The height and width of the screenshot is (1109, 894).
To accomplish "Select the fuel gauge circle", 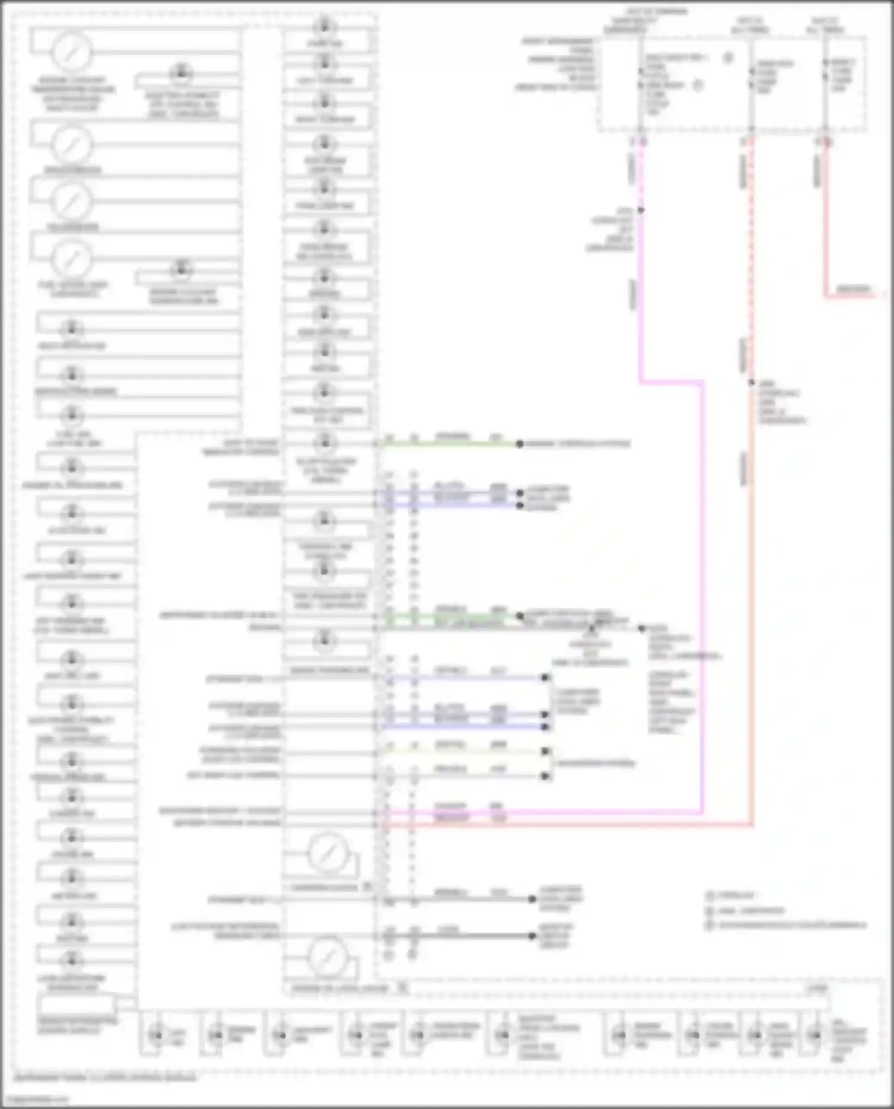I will click(72, 258).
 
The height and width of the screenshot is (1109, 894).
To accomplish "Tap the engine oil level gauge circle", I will click(327, 956).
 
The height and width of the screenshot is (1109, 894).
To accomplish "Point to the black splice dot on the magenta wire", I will click(641, 210).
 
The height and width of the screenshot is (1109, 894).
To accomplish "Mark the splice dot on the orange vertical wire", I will click(752, 383).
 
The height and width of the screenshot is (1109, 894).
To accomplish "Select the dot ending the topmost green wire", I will click(520, 444).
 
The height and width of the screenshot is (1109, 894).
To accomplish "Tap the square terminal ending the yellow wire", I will click(545, 752).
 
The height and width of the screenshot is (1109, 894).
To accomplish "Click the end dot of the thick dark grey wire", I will click(532, 936).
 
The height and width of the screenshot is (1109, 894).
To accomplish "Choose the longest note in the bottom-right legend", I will click(793, 925).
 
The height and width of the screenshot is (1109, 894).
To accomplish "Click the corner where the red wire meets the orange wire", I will click(752, 825).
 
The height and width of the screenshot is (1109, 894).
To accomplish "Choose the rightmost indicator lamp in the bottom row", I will click(815, 1036).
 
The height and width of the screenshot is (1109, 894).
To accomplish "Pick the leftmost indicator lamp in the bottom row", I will click(156, 1036).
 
